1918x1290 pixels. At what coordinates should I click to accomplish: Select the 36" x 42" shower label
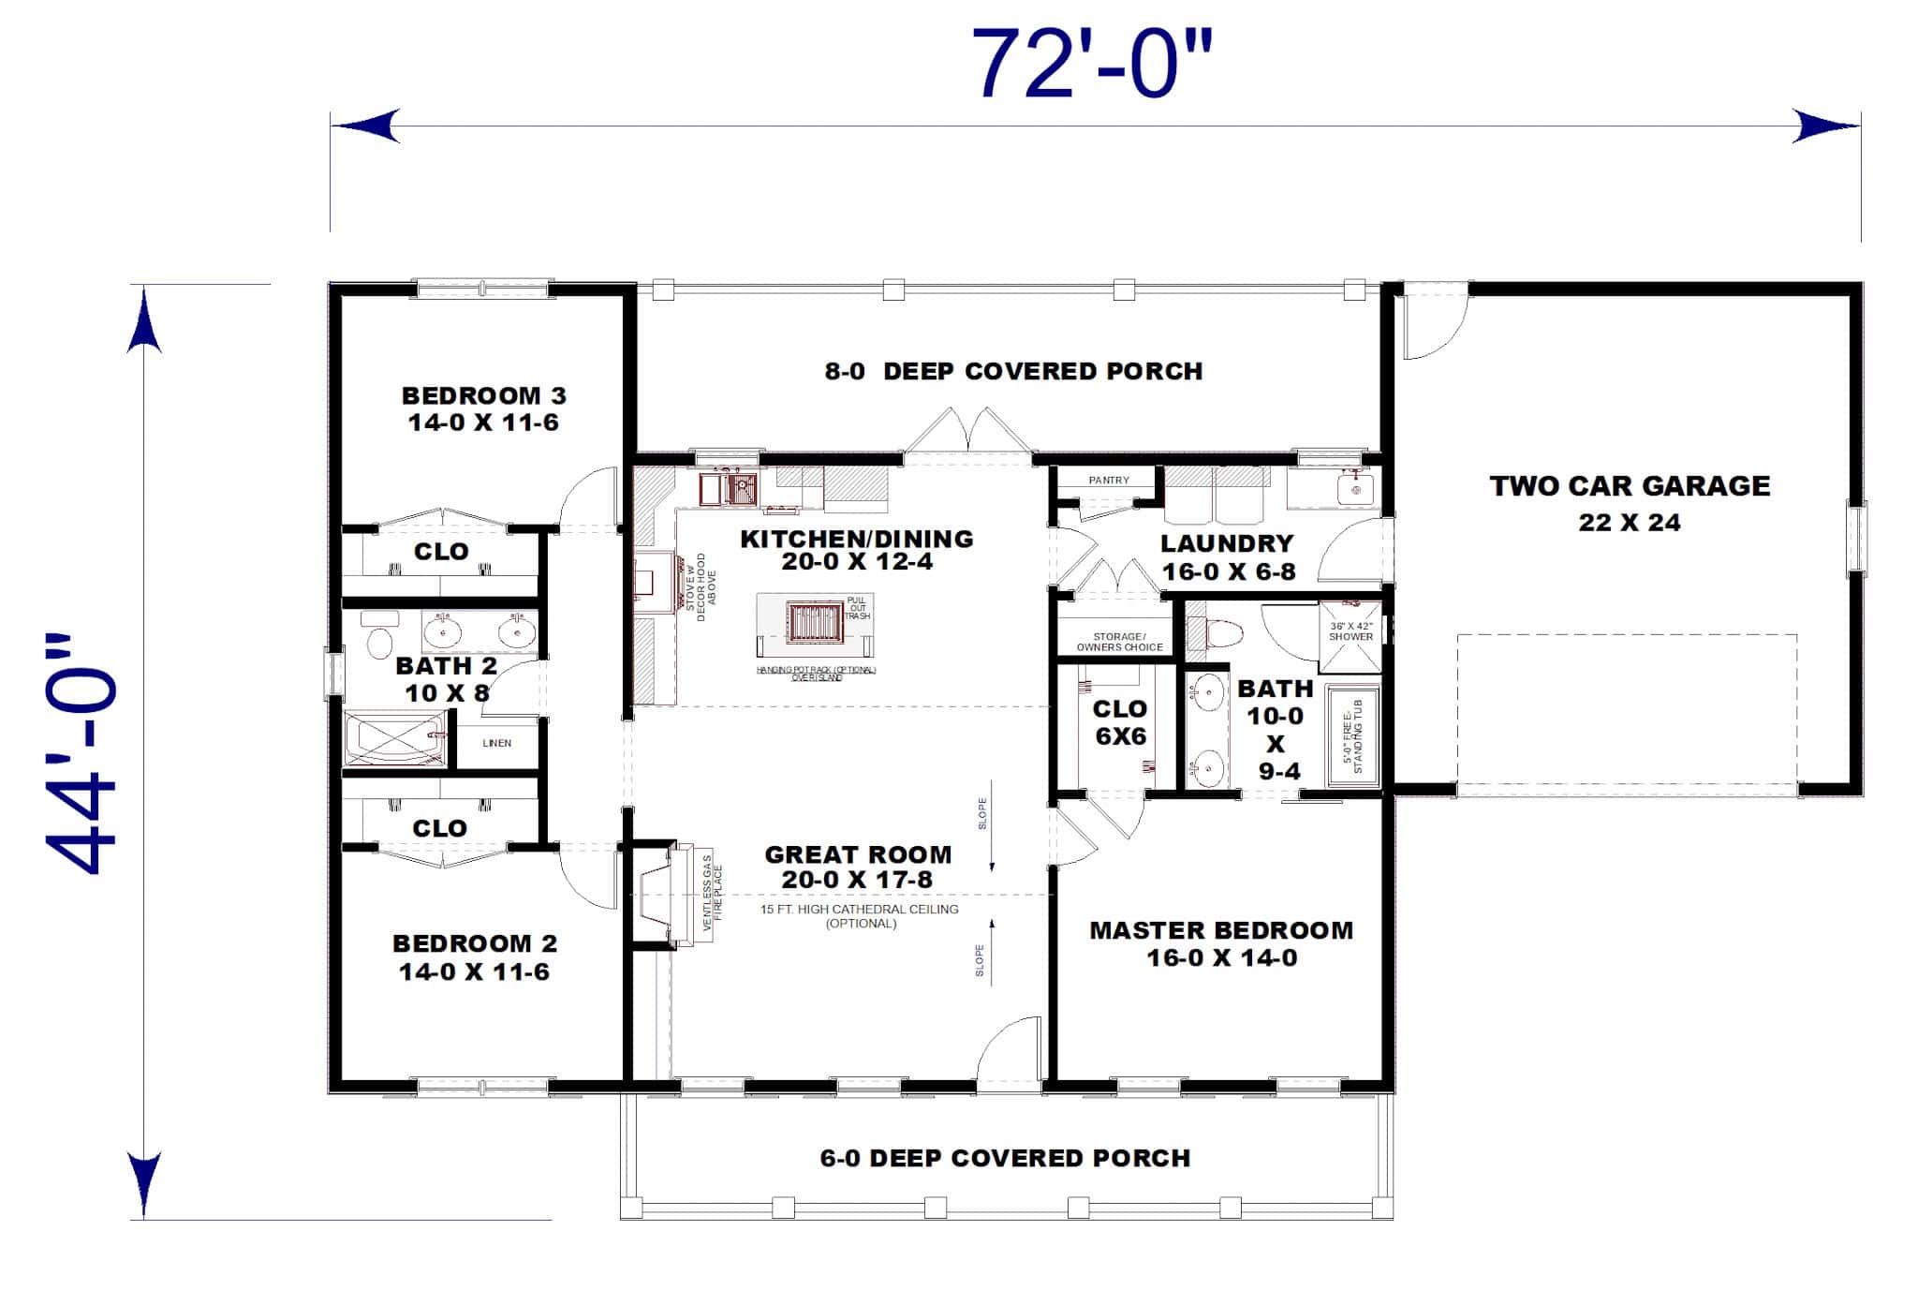coord(1350,631)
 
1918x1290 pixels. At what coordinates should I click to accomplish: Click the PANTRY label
coord(1109,480)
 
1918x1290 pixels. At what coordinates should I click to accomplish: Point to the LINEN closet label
coord(496,743)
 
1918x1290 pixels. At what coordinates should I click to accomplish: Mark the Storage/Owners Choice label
coord(1119,642)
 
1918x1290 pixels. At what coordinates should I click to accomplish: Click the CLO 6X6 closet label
coord(1120,722)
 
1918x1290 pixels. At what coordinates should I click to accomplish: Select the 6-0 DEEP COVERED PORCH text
coord(1005,1158)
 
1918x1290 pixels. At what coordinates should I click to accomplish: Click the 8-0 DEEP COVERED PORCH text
coord(1013,371)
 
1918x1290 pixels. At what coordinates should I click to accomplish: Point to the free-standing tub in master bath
coord(1354,736)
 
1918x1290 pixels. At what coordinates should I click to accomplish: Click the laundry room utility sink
coord(1354,488)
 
